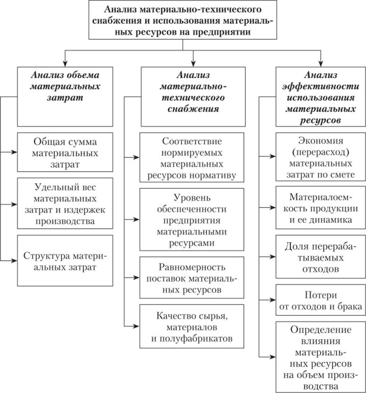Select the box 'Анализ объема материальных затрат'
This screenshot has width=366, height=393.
coord(65,96)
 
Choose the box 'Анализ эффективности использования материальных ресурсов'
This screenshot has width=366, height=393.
coord(320,96)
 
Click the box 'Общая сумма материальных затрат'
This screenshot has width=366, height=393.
coord(65,152)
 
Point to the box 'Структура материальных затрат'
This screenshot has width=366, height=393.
coord(65,260)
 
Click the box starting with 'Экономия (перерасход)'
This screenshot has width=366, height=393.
coord(320,157)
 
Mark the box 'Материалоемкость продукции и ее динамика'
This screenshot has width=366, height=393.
coord(320,207)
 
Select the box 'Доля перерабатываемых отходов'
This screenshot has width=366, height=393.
coord(320,256)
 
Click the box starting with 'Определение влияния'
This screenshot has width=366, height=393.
coord(320,356)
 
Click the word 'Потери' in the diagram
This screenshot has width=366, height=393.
coord(321,295)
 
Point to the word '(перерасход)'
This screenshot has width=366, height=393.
coord(320,152)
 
